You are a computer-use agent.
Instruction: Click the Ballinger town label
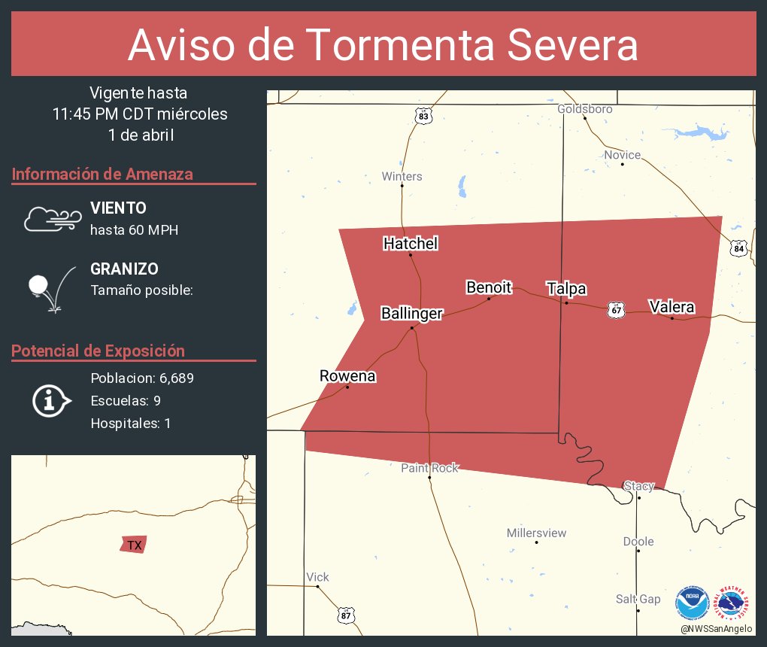click(x=411, y=314)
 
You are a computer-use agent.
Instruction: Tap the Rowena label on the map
click(x=347, y=376)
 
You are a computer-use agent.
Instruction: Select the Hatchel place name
click(x=411, y=244)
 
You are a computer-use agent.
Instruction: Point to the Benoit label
click(x=489, y=287)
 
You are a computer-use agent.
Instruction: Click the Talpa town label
click(x=566, y=289)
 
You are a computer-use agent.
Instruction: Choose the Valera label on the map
click(x=672, y=307)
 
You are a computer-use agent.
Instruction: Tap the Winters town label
click(x=402, y=177)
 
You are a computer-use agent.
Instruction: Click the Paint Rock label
click(x=429, y=468)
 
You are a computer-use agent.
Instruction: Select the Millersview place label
click(x=536, y=533)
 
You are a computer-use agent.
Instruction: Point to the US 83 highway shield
click(x=424, y=116)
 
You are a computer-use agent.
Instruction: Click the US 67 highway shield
click(x=617, y=310)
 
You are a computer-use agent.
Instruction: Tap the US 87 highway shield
click(x=345, y=615)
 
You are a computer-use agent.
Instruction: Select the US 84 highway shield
click(x=739, y=248)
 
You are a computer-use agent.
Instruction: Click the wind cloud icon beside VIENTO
click(x=52, y=218)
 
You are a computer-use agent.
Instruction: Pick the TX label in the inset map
click(x=134, y=545)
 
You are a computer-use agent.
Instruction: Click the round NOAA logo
click(x=692, y=603)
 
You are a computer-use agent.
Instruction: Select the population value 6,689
click(x=177, y=378)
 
